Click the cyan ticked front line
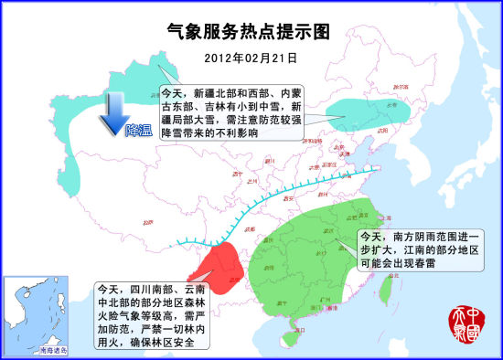click(x=274, y=196)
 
